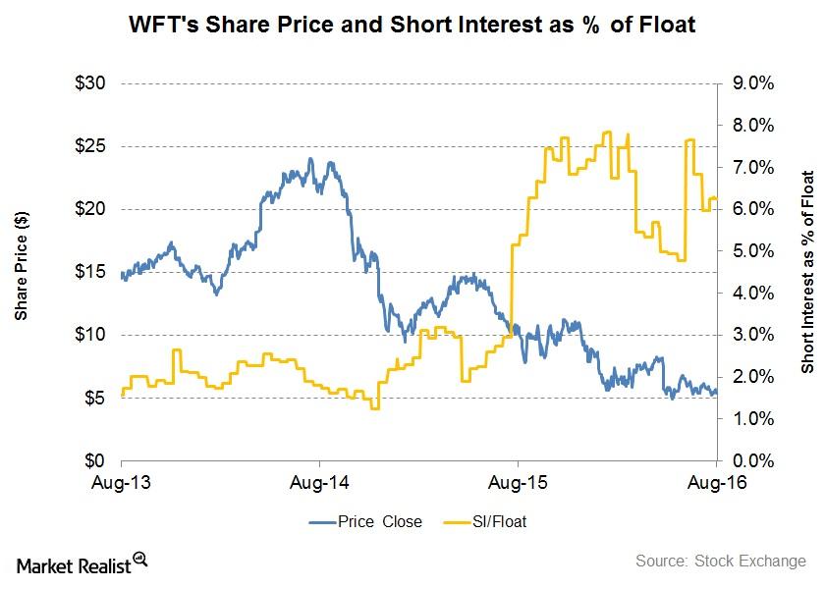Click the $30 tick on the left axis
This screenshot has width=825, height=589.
point(94,83)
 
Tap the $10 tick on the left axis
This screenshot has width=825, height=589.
point(94,335)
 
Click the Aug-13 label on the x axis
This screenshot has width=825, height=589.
point(121,483)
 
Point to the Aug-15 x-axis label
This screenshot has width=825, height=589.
point(518,483)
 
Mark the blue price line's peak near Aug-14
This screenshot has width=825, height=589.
point(310,159)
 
